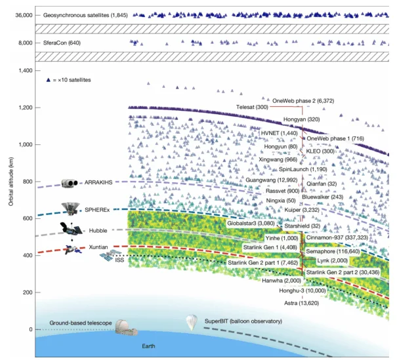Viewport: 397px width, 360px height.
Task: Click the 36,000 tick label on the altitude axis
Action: (x=24, y=15)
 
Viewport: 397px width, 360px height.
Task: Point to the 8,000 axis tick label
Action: (x=26, y=43)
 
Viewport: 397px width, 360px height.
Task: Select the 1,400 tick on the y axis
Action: (x=26, y=71)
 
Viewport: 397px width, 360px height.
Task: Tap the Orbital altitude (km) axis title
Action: (x=11, y=182)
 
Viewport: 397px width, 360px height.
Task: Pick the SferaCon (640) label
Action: (x=62, y=43)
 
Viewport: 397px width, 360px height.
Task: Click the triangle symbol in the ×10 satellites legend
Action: (x=49, y=80)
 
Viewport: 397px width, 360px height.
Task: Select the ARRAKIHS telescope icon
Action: (x=70, y=183)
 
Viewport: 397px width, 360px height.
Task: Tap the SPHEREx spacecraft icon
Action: (x=71, y=209)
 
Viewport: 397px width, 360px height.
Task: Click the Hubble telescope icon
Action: (x=71, y=230)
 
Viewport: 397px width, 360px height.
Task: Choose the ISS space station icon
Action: (x=110, y=255)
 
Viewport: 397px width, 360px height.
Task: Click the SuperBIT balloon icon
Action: (x=192, y=323)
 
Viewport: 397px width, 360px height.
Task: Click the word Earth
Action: (x=148, y=346)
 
